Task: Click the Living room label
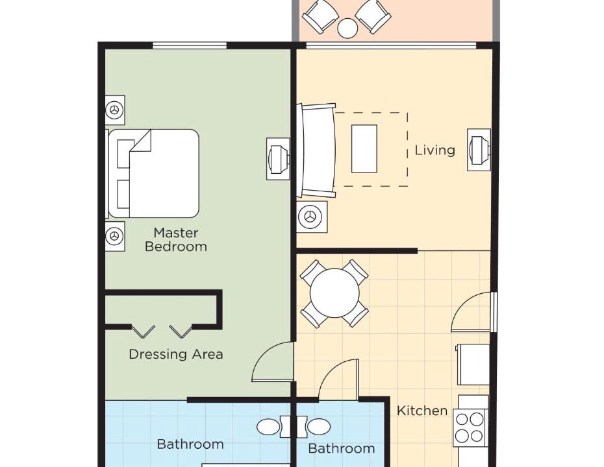coord(435,150)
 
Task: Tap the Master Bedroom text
coord(176,239)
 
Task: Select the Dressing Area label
coord(176,354)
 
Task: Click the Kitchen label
coord(422,411)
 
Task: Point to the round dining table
coord(334,293)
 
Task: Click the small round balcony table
coord(347,28)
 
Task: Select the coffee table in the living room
coord(364,149)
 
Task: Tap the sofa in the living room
coord(316,150)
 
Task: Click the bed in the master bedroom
coord(153,173)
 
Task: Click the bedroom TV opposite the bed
coord(278,158)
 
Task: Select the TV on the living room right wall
coord(479,149)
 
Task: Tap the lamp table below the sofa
coord(312,217)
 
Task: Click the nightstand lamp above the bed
coord(115,110)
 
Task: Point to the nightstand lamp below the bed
coord(115,236)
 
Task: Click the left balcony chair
coord(320,16)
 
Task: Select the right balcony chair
coord(373,16)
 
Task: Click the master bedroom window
coord(190,46)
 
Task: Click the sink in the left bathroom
coord(268,427)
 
